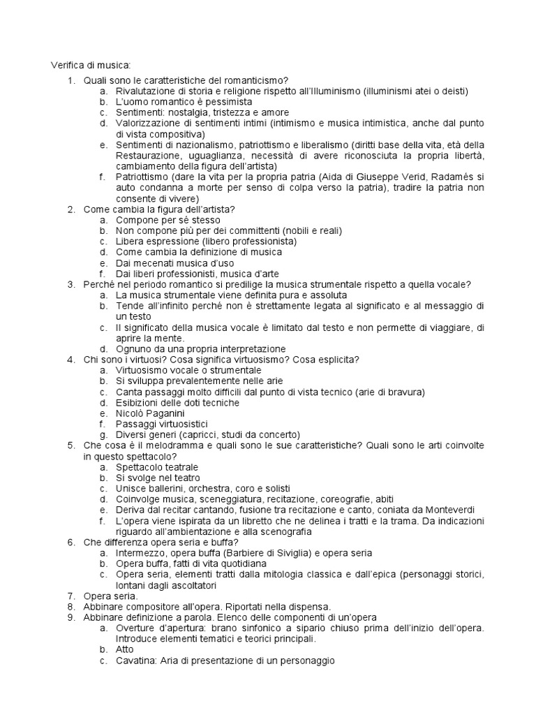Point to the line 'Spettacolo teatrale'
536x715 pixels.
157,466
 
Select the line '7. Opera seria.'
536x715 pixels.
110,596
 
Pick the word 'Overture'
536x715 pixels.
136,628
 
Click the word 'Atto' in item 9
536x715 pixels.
125,649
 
